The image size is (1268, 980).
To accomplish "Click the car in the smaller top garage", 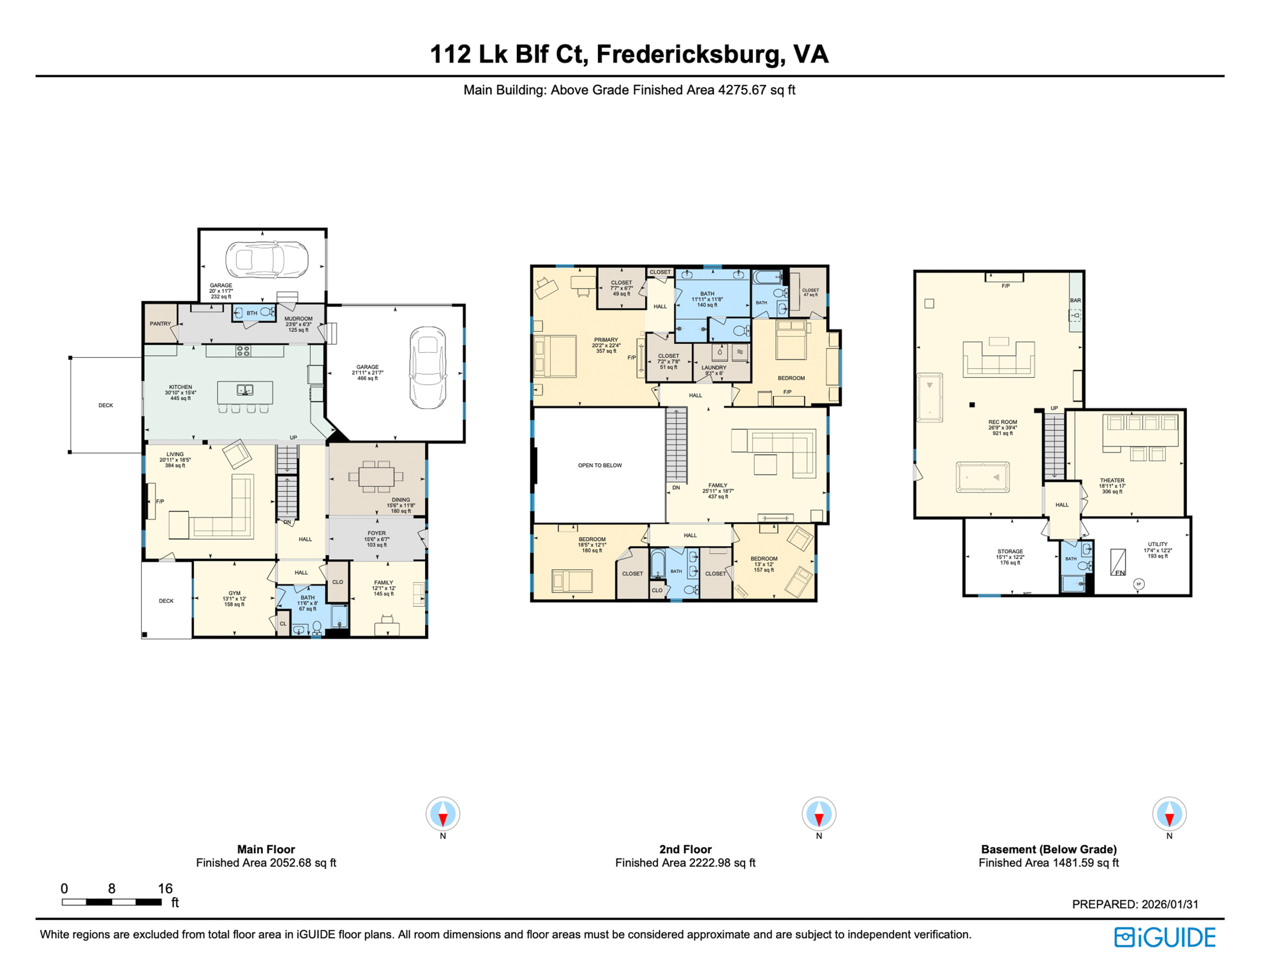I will pyautogui.click(x=267, y=260).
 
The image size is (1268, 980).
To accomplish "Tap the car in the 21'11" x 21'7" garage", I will pyautogui.click(x=428, y=367).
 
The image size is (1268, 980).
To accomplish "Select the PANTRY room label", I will pyautogui.click(x=160, y=324).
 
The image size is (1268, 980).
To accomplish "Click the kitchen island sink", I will pyautogui.click(x=244, y=390).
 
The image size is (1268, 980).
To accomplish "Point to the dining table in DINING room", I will pyautogui.click(x=377, y=477).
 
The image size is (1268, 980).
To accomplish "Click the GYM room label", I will pyautogui.click(x=234, y=593).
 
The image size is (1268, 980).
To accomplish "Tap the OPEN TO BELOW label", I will pyautogui.click(x=599, y=466).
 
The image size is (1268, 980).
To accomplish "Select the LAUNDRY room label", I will pyautogui.click(x=713, y=368).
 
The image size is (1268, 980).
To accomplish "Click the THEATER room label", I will pyautogui.click(x=1112, y=480).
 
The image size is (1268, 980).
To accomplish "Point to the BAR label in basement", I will pyautogui.click(x=1075, y=301).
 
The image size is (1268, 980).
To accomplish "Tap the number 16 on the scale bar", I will pyautogui.click(x=165, y=889).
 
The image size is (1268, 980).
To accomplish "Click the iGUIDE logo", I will pyautogui.click(x=1165, y=937).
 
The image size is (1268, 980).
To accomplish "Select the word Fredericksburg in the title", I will pyautogui.click(x=690, y=55).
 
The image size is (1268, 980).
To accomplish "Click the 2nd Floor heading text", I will pyautogui.click(x=685, y=850).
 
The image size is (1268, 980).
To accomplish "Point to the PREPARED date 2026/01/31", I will pyautogui.click(x=1170, y=905).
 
